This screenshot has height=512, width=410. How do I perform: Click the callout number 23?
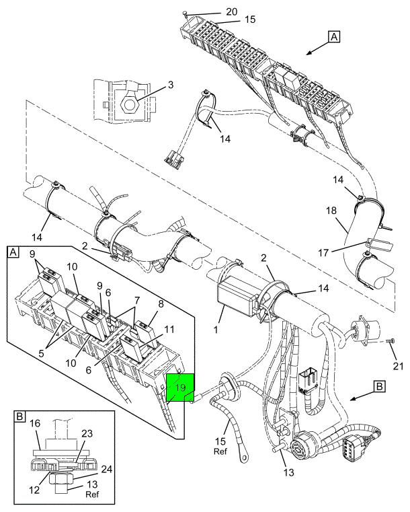coord(87,434)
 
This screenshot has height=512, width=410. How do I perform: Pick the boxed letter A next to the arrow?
coord(334,36)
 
